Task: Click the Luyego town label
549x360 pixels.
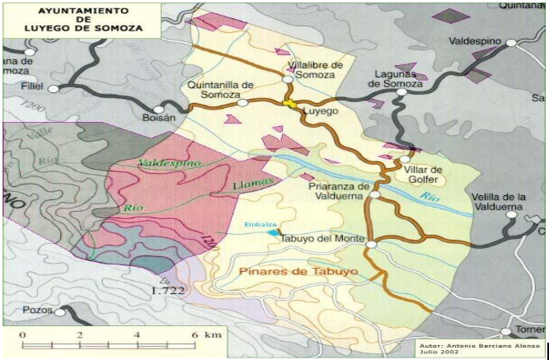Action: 322,110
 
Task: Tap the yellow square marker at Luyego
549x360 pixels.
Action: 289,103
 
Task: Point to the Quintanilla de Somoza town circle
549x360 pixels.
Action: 242,103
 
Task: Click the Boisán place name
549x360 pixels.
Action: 159,118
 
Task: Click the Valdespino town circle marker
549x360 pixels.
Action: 511,42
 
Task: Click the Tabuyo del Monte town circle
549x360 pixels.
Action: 371,244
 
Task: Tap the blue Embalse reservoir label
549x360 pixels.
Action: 260,223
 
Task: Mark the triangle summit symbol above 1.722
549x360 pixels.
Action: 164,279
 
